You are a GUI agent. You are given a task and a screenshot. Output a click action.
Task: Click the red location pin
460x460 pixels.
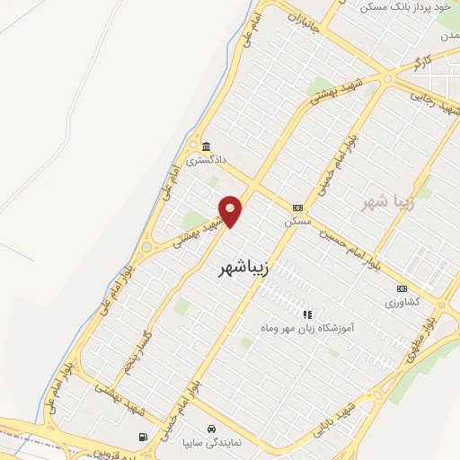click(x=231, y=210)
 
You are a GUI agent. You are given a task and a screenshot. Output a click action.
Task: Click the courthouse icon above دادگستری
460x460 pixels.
click(x=207, y=146)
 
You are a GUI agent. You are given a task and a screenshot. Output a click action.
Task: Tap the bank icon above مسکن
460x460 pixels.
click(x=298, y=207)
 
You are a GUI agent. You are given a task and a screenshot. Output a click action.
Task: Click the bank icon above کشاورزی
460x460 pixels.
click(x=402, y=288)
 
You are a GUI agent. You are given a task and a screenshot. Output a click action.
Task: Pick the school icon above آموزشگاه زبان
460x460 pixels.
click(x=308, y=314)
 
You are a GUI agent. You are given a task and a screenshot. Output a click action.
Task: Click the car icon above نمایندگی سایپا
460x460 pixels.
click(x=210, y=429)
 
